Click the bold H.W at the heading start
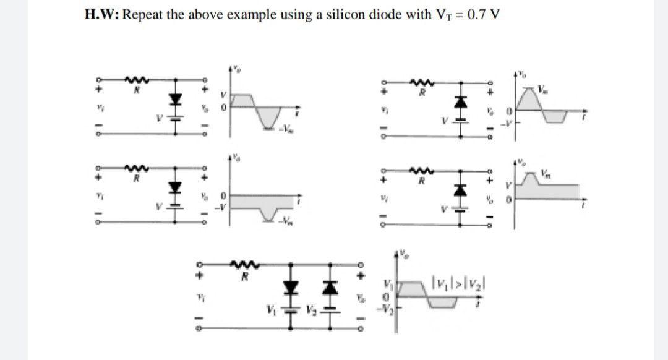pyautogui.click(x=101, y=15)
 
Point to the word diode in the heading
pyautogui.click(x=377, y=15)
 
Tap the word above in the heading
pyautogui.click(x=201, y=15)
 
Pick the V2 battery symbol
pyautogui.click(x=328, y=309)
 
